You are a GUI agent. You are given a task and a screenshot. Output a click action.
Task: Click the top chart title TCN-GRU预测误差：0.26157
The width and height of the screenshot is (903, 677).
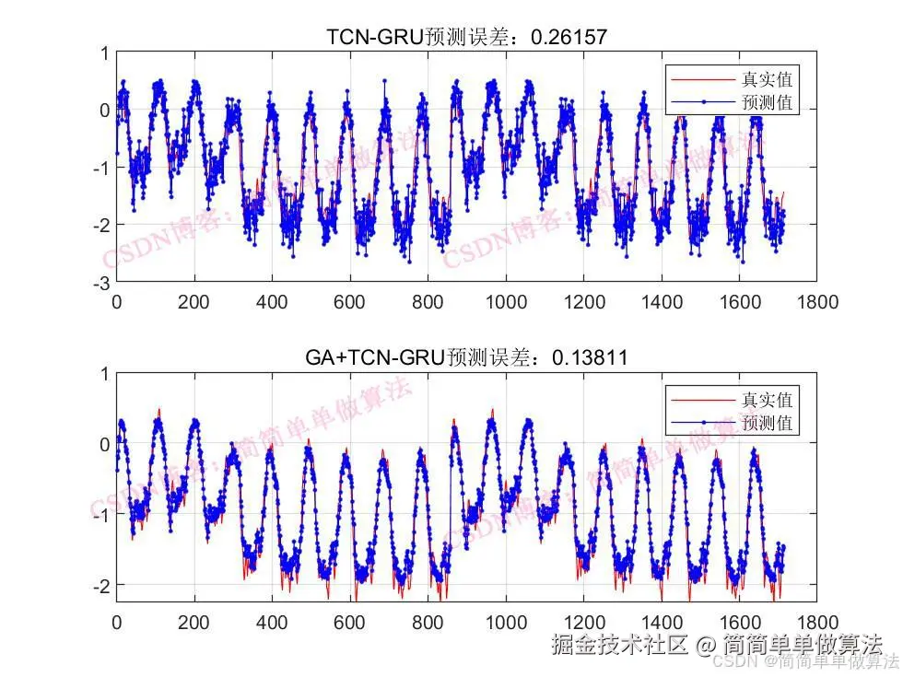coord(467,37)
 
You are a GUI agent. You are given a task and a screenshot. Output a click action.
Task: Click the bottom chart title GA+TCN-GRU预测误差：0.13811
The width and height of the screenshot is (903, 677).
coord(467,357)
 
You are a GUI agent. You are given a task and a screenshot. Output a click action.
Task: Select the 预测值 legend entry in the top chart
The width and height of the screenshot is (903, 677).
coord(767,101)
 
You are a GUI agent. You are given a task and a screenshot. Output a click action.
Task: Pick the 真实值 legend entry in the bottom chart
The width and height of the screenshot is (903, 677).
coord(767,399)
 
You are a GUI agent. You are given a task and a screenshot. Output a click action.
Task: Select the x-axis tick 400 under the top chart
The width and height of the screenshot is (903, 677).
coord(272,301)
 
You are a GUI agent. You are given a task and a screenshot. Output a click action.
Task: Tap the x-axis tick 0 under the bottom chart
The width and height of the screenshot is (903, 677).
coord(116,623)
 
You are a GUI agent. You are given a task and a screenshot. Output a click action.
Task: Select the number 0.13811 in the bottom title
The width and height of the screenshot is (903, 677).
coord(590,357)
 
